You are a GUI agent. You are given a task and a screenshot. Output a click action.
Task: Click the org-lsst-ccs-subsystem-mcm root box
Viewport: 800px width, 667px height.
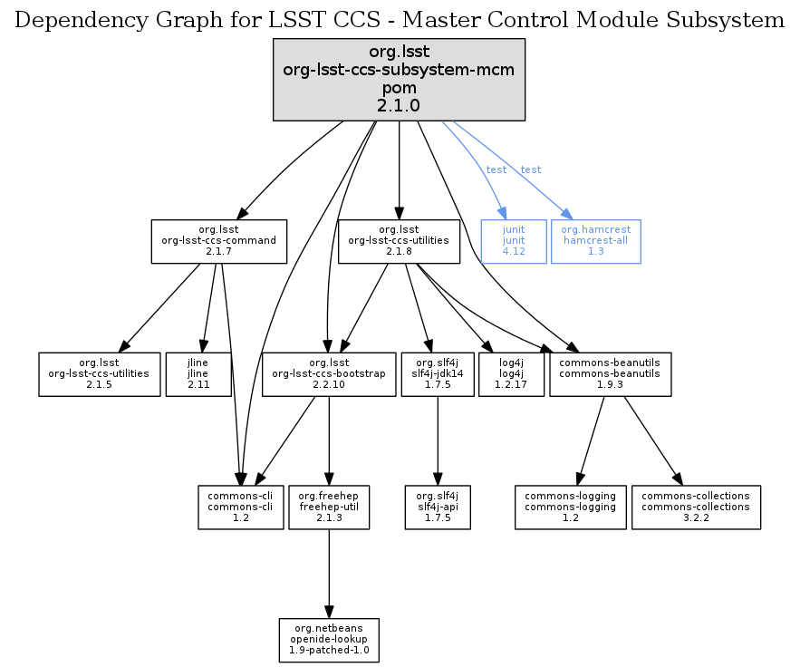400,80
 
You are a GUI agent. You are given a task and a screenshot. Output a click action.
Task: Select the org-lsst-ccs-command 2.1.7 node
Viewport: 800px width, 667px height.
218,241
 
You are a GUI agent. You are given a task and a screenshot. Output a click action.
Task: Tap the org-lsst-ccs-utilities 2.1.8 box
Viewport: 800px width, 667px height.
400,241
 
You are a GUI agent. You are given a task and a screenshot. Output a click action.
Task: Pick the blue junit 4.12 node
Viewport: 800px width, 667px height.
514,241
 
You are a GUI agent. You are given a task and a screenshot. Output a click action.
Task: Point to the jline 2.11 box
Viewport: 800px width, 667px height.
198,374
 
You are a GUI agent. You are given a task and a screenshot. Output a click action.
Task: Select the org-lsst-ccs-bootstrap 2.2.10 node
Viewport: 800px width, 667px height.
329,374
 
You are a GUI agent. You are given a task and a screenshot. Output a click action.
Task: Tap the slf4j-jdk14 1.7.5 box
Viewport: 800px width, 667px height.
438,374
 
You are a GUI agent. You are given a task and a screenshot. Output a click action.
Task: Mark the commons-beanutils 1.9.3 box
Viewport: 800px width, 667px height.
610,374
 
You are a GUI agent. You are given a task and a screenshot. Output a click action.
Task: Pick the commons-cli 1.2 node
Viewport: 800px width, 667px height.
240,507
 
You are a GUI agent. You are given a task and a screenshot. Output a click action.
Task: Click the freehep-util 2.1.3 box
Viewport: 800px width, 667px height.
328,507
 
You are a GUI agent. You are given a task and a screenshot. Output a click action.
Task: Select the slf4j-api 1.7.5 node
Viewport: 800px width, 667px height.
438,507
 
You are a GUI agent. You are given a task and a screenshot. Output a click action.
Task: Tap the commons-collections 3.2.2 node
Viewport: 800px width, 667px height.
696,507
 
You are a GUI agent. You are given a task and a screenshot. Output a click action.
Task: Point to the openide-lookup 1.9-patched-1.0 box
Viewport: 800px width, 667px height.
328,641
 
